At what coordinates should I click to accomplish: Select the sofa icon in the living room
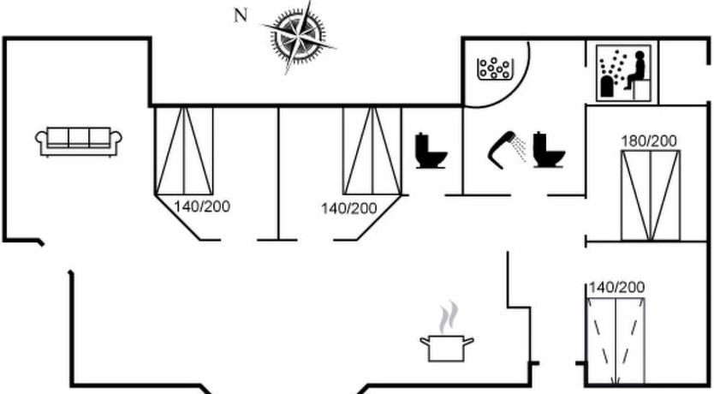click(x=79, y=140)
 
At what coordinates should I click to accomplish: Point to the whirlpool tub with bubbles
click(x=495, y=68)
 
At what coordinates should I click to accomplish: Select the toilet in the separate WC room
click(x=431, y=151)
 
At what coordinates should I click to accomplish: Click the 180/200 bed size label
click(x=649, y=141)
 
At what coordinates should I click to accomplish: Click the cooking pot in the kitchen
click(x=447, y=348)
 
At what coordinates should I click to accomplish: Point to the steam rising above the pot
click(x=447, y=317)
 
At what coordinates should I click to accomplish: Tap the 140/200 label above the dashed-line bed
click(x=616, y=288)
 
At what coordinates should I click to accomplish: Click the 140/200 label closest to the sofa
click(x=202, y=206)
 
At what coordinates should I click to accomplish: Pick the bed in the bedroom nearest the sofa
click(x=184, y=152)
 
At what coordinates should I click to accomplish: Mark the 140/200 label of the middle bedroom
click(x=348, y=208)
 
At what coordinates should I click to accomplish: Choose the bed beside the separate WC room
click(x=372, y=152)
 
